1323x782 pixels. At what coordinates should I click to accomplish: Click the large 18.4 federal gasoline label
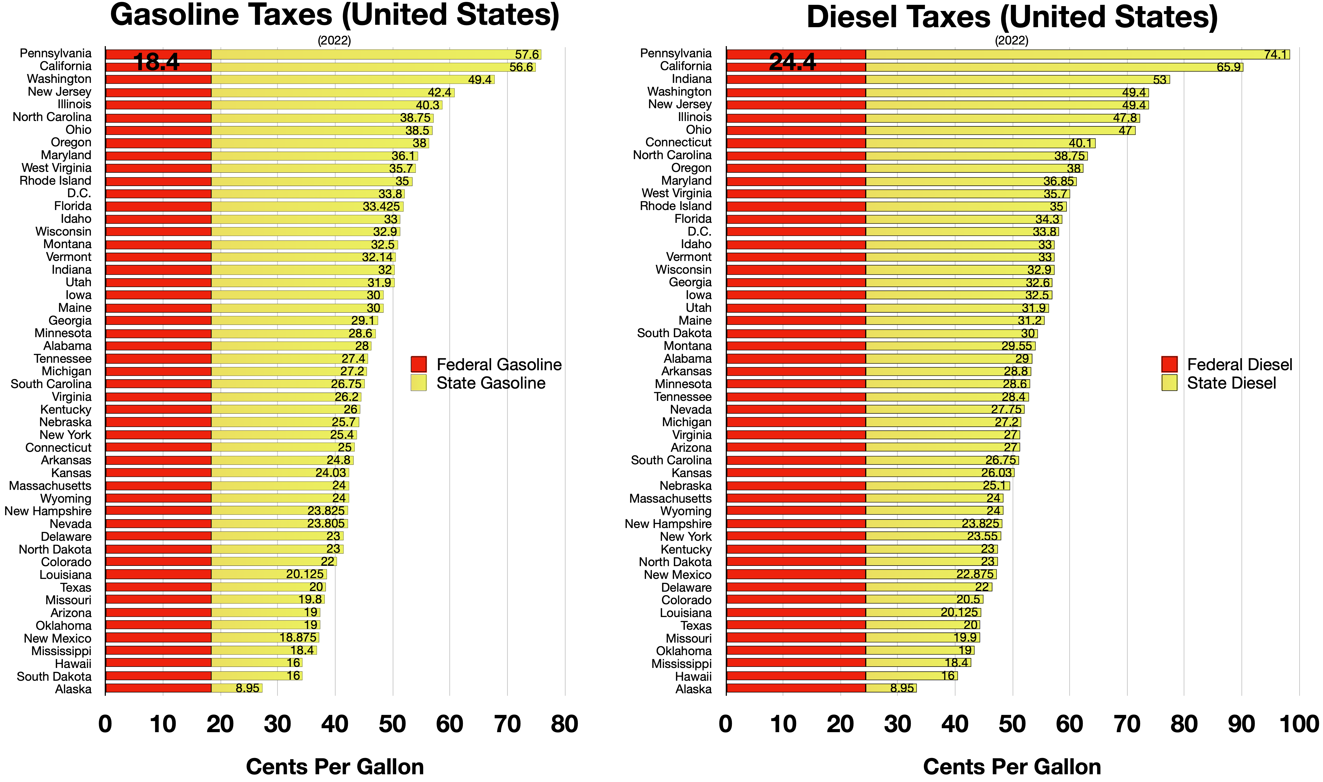coord(157,62)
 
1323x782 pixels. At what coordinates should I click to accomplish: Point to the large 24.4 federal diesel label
coord(792,62)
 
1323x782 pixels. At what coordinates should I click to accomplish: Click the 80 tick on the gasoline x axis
coord(564,724)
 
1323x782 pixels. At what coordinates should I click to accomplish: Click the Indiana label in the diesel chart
coord(692,79)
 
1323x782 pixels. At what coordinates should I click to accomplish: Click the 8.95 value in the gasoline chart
coord(247,688)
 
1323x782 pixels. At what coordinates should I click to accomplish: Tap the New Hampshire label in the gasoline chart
coord(48,511)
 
